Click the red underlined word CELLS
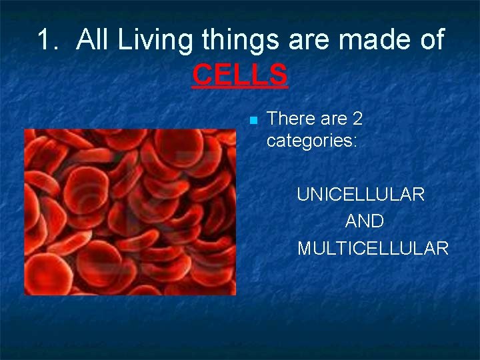point(240,75)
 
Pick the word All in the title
point(93,40)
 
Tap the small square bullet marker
point(253,121)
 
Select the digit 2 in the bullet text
point(357,119)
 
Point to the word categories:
point(312,141)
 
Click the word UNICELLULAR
point(361,195)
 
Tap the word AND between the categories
point(365,221)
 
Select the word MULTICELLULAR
point(373,249)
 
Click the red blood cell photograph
point(130,212)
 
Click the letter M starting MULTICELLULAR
point(304,249)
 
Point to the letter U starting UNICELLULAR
point(303,195)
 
